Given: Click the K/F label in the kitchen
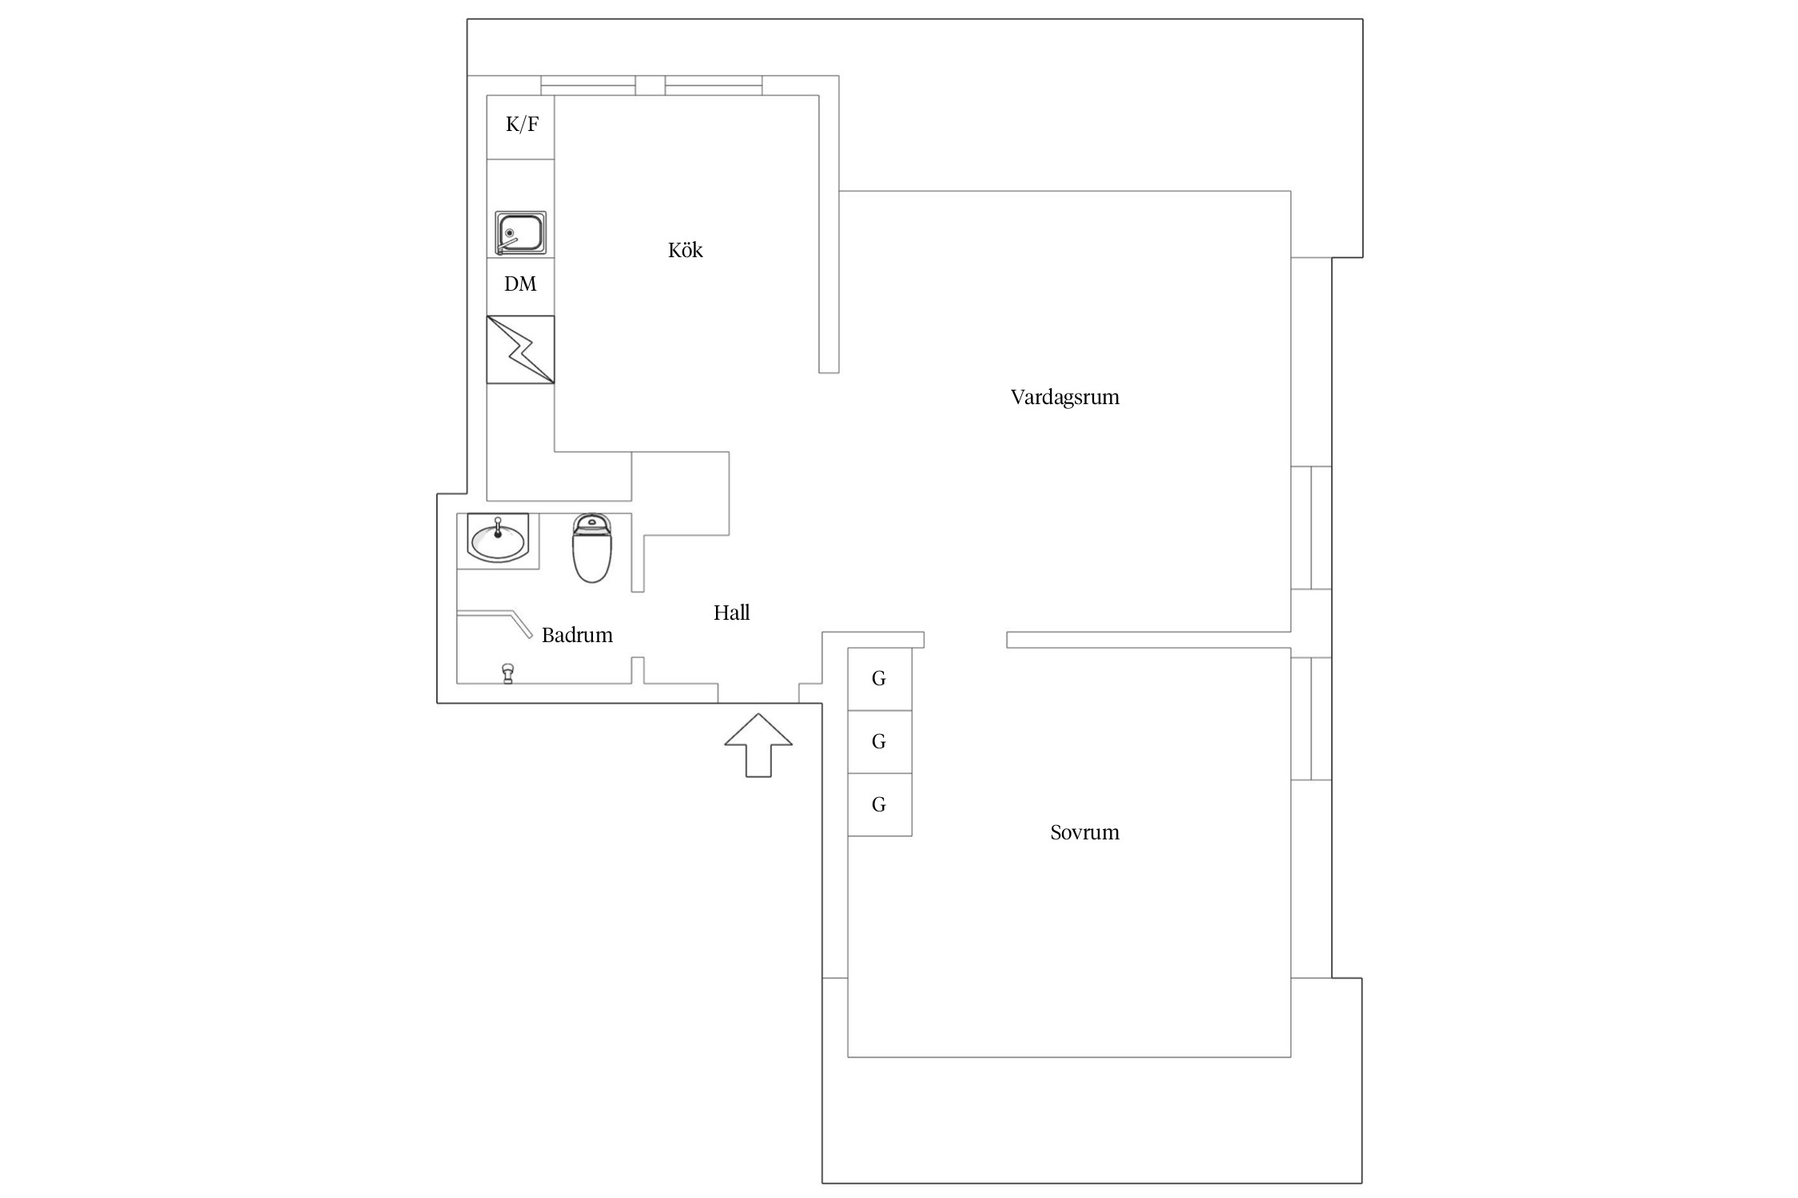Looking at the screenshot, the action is tap(522, 125).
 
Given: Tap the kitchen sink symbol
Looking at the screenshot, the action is tap(520, 233).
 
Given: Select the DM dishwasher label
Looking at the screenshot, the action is tap(520, 284).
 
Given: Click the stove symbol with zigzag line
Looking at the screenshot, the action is tap(520, 350).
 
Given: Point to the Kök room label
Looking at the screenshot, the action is tap(685, 250).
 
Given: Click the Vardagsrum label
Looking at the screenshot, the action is tap(1064, 398).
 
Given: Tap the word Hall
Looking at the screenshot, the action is tap(731, 613).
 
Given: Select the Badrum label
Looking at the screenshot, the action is tap(577, 635).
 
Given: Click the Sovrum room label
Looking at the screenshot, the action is tap(1084, 832).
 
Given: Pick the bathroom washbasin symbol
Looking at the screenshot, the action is tap(498, 538).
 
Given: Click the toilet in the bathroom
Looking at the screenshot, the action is tap(592, 548).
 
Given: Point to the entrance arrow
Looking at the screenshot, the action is tap(758, 745).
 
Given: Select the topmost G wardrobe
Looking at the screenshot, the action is tap(879, 679).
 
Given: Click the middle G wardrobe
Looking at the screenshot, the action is tap(879, 742).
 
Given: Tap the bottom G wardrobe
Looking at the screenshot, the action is tap(879, 805).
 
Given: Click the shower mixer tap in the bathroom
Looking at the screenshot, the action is tap(507, 673).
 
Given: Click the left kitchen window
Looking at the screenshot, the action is tap(588, 85).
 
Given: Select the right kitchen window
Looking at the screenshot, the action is tap(713, 85).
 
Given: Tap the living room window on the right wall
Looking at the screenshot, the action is tap(1311, 528).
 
